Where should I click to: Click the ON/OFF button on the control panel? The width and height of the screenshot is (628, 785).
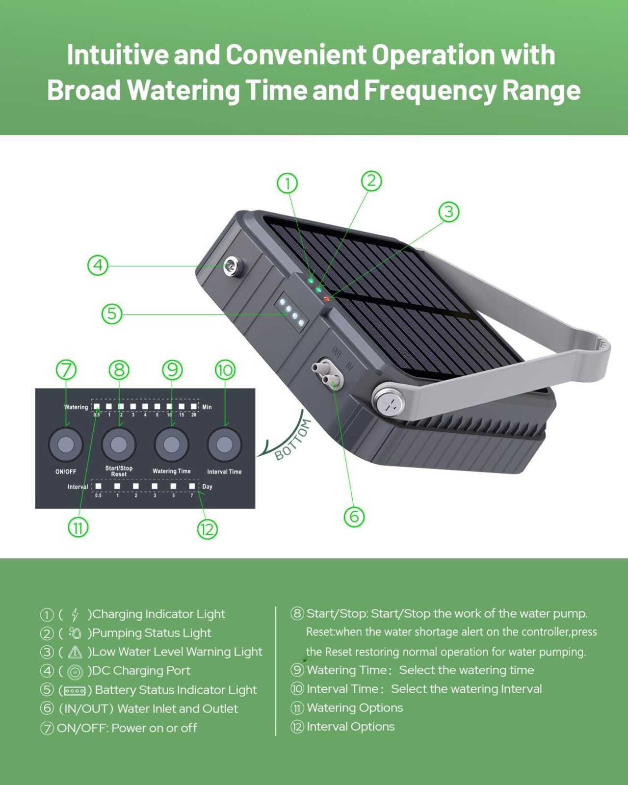pos(66,445)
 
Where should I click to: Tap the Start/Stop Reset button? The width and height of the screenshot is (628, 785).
pos(119,445)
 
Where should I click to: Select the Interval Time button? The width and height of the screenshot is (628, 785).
pos(224,445)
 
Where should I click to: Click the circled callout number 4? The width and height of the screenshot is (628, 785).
pos(98,265)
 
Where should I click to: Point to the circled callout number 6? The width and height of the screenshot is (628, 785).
pos(354,517)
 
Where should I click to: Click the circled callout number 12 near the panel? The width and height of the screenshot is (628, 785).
pos(208,529)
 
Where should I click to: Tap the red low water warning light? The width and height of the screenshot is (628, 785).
pos(327,298)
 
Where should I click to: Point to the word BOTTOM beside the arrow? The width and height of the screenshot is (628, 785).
pos(293,440)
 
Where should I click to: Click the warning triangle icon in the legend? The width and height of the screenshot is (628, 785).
pos(75,652)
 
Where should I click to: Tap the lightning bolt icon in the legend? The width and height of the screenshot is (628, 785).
pos(75,614)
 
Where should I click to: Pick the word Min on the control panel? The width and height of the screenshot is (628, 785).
pos(207,407)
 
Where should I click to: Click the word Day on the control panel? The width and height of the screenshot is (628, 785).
pos(208,487)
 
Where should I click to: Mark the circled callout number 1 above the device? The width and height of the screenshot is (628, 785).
pos(288,183)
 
